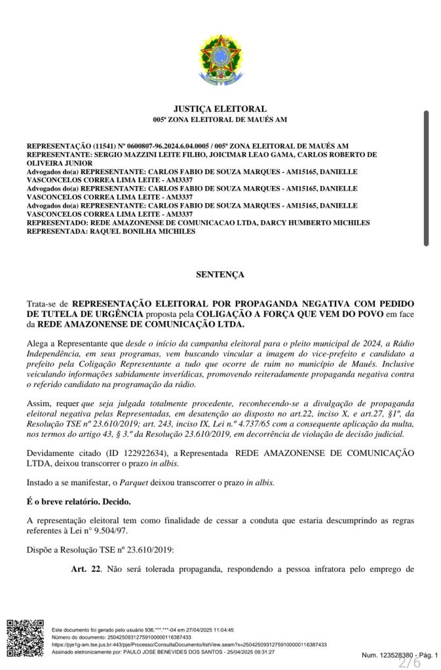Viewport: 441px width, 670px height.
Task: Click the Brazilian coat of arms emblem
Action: click(x=220, y=60)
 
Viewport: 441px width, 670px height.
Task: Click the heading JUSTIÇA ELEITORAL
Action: click(x=220, y=109)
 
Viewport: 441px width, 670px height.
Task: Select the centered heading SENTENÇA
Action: click(x=220, y=274)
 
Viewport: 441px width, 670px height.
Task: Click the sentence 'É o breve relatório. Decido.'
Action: click(x=79, y=502)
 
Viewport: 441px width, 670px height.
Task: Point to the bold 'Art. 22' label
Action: click(x=86, y=568)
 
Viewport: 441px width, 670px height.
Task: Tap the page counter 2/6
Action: click(x=410, y=662)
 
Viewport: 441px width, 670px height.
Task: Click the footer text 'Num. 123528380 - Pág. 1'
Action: click(x=400, y=654)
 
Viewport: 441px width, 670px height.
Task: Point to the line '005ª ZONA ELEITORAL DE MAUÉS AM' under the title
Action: click(x=220, y=120)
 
